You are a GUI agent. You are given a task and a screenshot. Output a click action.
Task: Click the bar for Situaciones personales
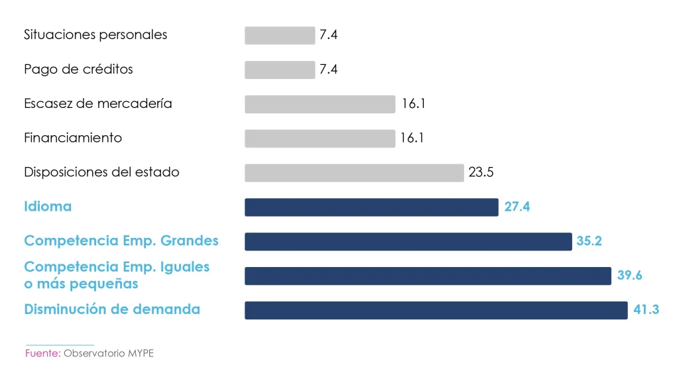(280, 35)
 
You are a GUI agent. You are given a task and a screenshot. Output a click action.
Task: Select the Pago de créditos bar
(280, 70)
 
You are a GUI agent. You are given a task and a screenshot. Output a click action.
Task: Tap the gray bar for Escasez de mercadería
(320, 104)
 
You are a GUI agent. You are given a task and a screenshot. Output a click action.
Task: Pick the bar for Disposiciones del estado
(354, 173)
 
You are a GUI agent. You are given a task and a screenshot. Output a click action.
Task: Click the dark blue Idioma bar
(371, 207)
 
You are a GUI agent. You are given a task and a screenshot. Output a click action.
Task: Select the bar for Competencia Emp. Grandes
(408, 242)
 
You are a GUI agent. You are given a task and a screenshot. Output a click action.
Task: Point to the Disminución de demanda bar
(436, 310)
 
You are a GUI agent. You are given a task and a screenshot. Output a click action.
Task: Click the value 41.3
(647, 309)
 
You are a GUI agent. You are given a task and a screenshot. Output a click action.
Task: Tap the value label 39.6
(629, 276)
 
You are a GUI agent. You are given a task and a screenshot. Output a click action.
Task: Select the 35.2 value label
(589, 241)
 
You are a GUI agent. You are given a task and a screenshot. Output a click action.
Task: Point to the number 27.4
(517, 207)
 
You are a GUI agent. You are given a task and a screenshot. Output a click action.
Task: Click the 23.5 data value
(481, 172)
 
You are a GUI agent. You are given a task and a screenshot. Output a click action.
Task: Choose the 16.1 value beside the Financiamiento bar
(412, 138)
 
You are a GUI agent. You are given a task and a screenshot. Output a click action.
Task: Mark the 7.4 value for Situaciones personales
(328, 35)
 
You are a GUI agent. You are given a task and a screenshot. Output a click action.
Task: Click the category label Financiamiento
(73, 138)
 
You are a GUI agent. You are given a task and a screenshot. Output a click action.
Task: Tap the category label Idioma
(48, 206)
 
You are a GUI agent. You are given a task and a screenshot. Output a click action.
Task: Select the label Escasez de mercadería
(98, 103)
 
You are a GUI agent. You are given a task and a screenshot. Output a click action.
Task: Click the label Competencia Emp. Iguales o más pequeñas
(117, 275)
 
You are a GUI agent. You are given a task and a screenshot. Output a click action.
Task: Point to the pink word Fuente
(42, 353)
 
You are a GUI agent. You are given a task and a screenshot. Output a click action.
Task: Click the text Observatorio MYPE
(109, 353)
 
